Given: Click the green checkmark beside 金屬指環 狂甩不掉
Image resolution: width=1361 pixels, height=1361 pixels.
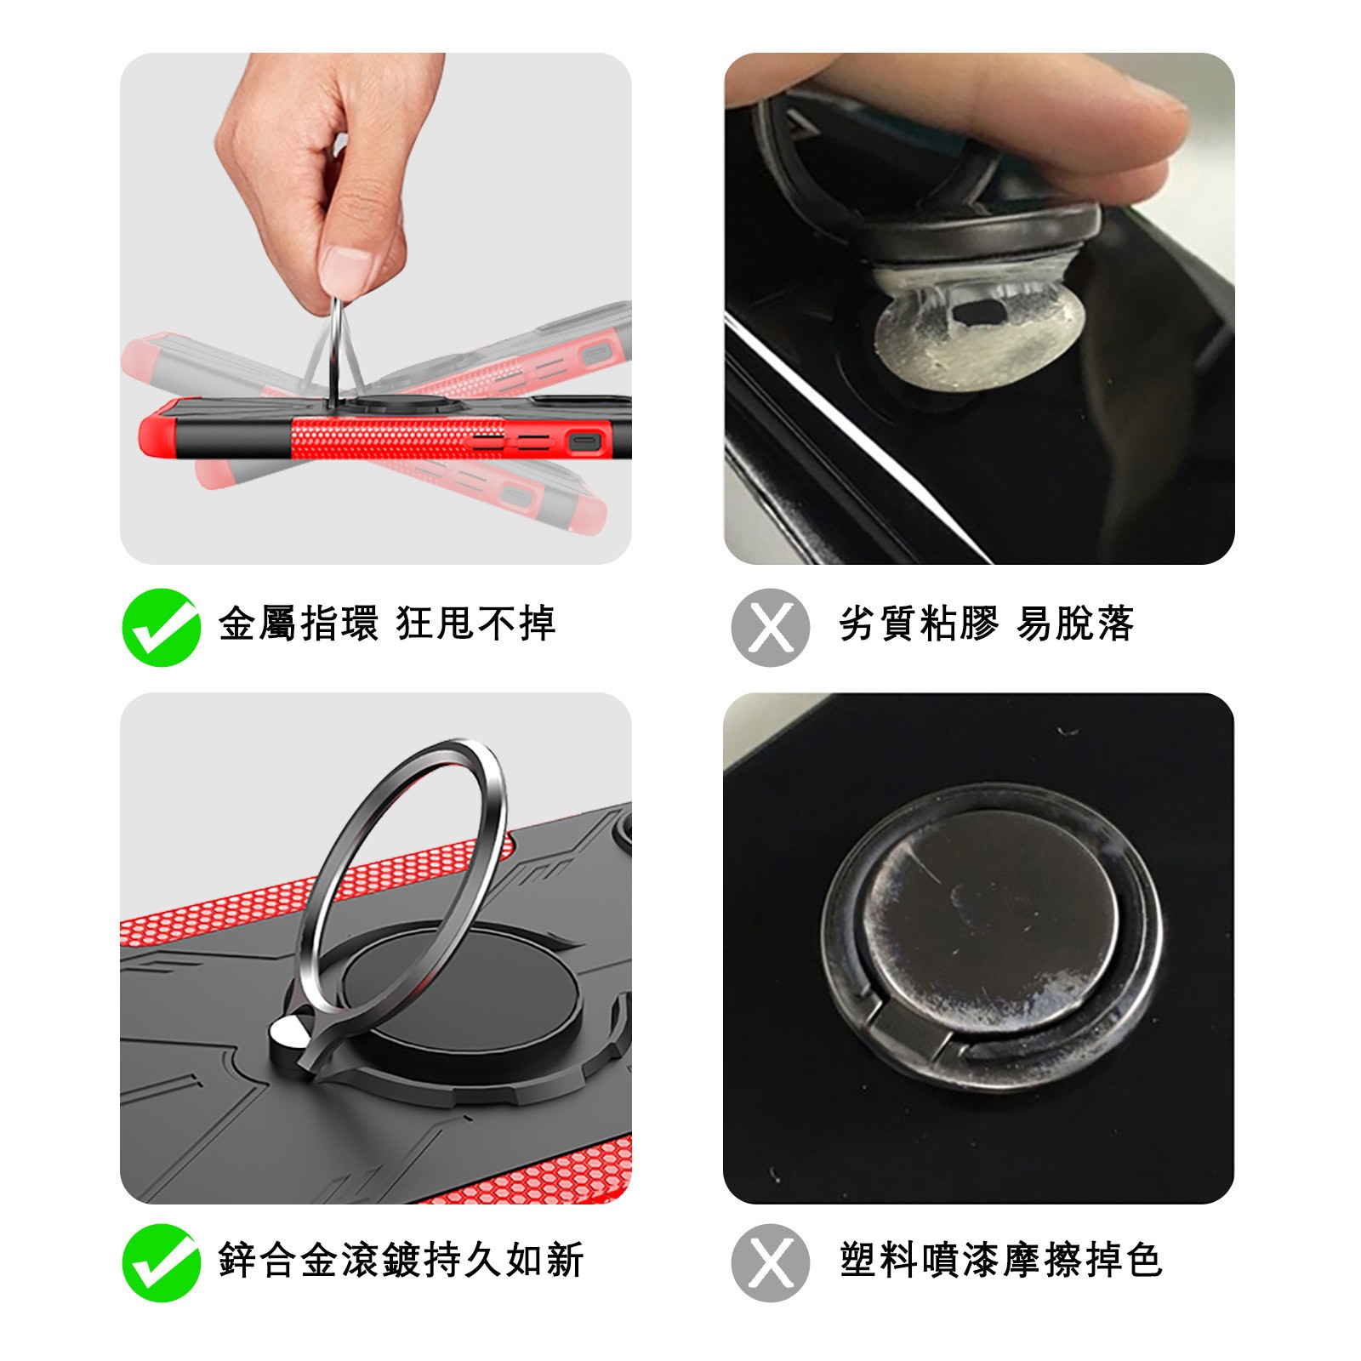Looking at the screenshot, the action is tap(162, 627).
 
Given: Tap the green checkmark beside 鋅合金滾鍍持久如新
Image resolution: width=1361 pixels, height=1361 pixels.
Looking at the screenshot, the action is tap(162, 1262).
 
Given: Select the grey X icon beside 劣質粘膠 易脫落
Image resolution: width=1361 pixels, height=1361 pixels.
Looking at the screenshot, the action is tap(770, 627).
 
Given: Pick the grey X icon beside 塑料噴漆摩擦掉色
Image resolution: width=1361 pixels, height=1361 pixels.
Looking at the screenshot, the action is tap(770, 1262).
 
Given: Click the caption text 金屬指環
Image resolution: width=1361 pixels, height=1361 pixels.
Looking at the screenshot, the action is tap(299, 624).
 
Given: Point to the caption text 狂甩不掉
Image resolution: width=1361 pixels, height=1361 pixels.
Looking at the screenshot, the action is tap(476, 624).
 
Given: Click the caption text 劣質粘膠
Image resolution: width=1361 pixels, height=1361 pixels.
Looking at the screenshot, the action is tap(919, 624).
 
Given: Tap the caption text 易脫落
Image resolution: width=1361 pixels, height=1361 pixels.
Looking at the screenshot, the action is tap(1076, 624).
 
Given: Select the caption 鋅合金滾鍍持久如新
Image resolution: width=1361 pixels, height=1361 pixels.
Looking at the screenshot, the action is tap(401, 1260).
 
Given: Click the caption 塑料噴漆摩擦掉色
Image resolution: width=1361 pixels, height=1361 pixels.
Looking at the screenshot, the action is tap(1001, 1260).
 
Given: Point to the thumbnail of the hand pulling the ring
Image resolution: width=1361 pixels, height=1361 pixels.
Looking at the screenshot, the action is tap(376, 308).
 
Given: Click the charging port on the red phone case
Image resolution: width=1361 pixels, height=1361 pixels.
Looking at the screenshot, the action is tap(585, 442).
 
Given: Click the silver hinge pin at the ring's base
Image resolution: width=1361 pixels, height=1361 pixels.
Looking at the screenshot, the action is tap(288, 1034).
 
